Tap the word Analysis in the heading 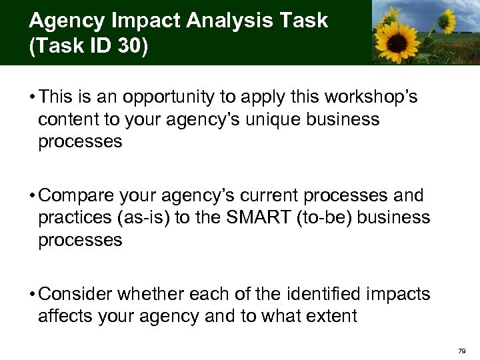[211, 21]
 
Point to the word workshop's [369, 97]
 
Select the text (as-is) [143, 217]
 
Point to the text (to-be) [327, 217]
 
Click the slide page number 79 [462, 350]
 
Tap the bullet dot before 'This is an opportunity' [32, 97]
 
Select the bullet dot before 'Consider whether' [32, 293]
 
